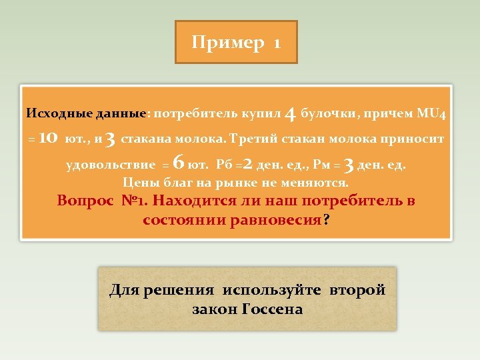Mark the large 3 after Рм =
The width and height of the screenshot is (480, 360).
(348, 163)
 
